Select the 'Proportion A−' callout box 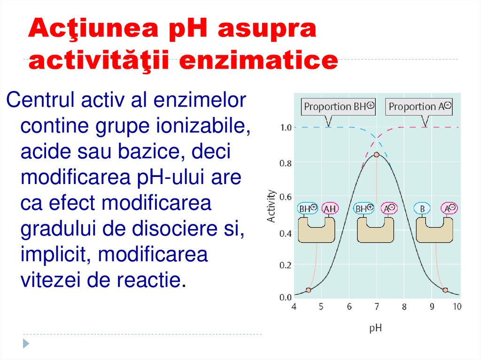coord(420,107)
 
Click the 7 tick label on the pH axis coord(376,307)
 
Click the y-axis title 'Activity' coord(271,206)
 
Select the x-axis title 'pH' coord(375,328)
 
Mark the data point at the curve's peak coord(376,154)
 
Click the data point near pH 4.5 coord(308,290)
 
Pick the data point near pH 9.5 coord(445,290)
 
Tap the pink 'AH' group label coord(330,208)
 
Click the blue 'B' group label coord(422,208)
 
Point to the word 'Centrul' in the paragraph coord(40,100)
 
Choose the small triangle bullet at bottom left coord(26,343)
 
